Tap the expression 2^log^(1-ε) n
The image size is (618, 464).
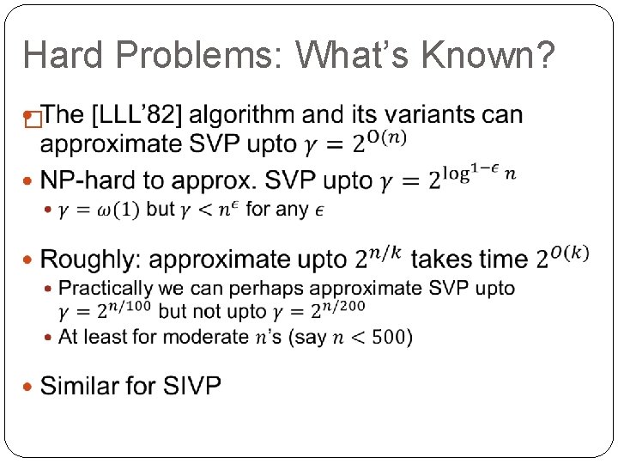tap(473, 177)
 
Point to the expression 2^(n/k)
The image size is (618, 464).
tap(378, 256)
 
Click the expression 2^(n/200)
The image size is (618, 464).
tap(334, 310)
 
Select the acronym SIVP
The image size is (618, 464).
tap(191, 386)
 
